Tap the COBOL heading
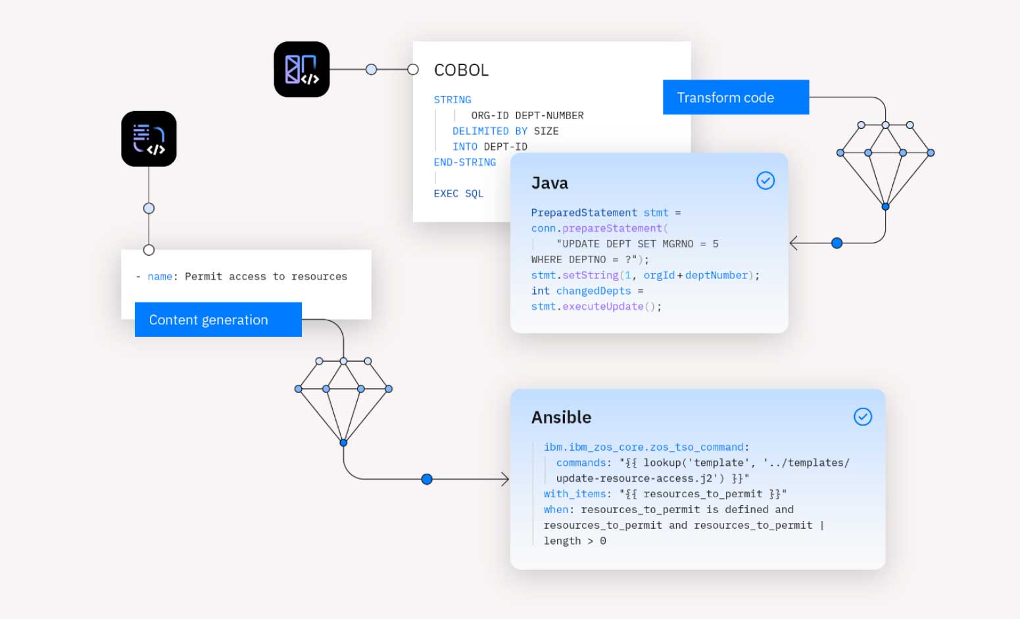461,70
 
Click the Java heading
549,183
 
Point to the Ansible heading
561,417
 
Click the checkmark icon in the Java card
765,180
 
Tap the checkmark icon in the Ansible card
862,416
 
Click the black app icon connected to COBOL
302,70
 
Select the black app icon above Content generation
149,139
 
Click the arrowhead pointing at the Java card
794,243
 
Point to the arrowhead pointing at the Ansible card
505,480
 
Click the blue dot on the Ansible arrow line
427,480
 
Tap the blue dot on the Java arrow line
837,243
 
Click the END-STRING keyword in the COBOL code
464,162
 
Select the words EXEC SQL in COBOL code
458,193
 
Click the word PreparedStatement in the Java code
584,212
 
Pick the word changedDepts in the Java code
593,291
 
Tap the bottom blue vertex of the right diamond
885,207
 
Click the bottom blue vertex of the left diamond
343,443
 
